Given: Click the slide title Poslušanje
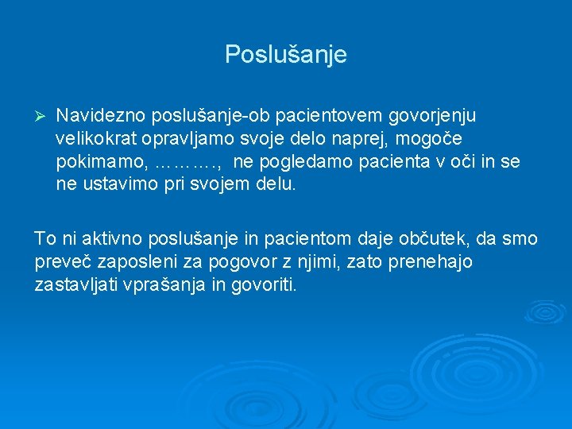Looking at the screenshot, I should [x=286, y=55].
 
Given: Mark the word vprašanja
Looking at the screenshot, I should [x=166, y=284].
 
